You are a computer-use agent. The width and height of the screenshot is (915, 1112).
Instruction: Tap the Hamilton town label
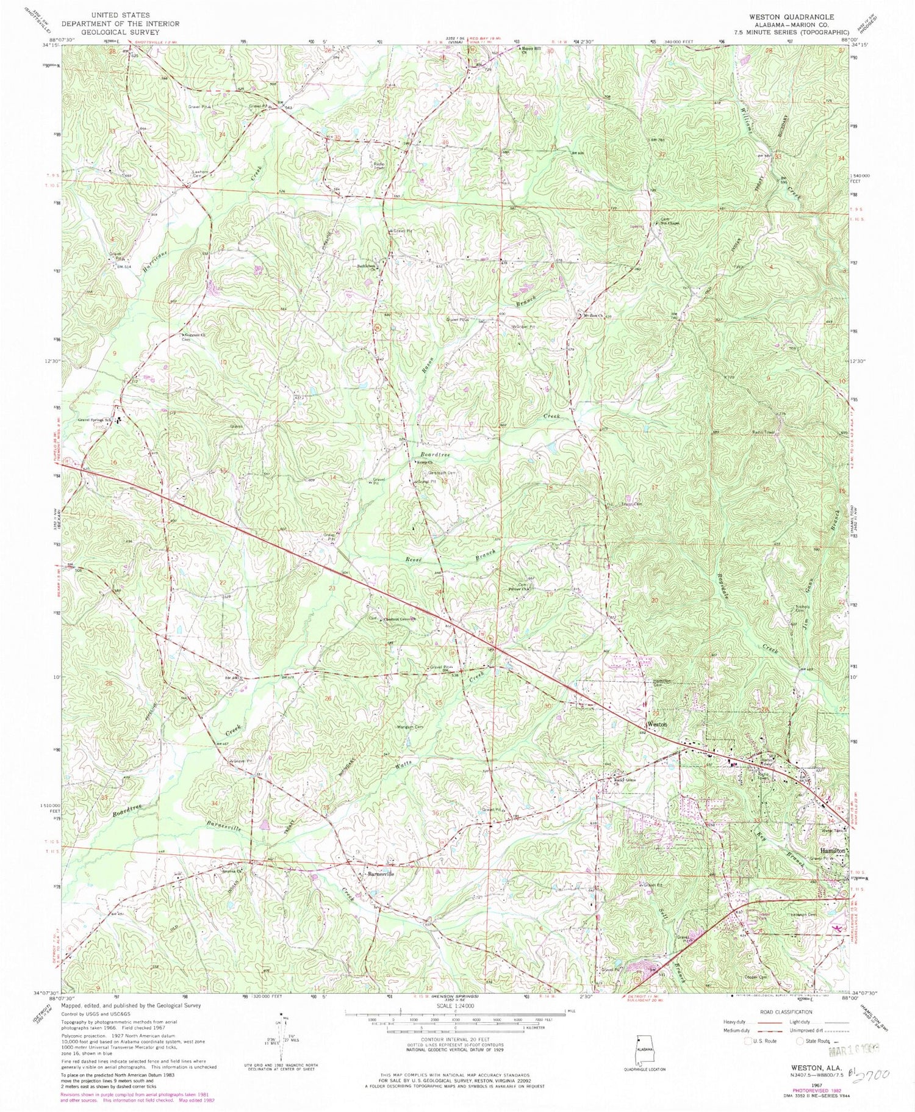pyautogui.click(x=831, y=850)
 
